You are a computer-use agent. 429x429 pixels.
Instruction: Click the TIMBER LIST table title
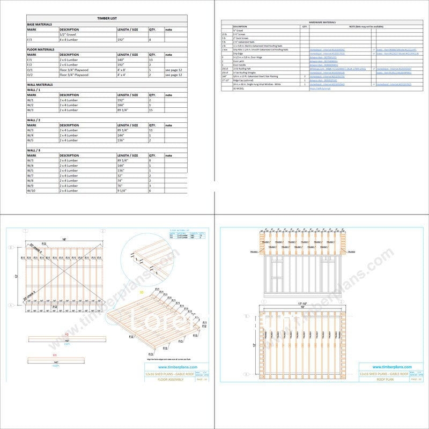point(107,18)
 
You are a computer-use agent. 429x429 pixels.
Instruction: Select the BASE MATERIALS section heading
point(40,24)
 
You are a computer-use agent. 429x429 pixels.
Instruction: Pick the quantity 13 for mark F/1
point(152,60)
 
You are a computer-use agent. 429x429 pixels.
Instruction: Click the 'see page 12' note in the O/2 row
point(174,75)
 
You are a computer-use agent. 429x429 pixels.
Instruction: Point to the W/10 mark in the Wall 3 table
point(31,191)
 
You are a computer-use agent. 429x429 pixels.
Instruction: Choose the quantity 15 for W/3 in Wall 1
point(152,110)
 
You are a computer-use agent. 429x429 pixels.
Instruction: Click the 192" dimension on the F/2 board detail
point(68,341)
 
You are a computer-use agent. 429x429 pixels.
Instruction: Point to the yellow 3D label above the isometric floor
point(141,292)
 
